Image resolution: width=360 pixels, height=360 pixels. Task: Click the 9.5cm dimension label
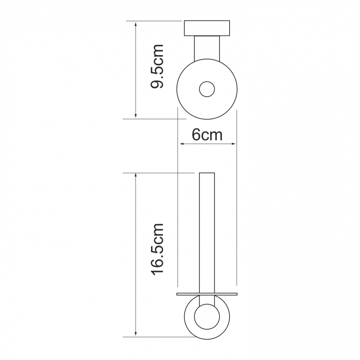157,66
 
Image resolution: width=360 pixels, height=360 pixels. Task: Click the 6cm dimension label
207,135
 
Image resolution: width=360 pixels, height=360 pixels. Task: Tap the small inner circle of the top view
207,89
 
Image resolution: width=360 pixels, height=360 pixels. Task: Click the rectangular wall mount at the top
207,28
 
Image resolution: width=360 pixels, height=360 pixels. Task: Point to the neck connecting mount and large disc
207,49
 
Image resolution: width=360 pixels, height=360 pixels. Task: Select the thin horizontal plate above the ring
207,294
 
